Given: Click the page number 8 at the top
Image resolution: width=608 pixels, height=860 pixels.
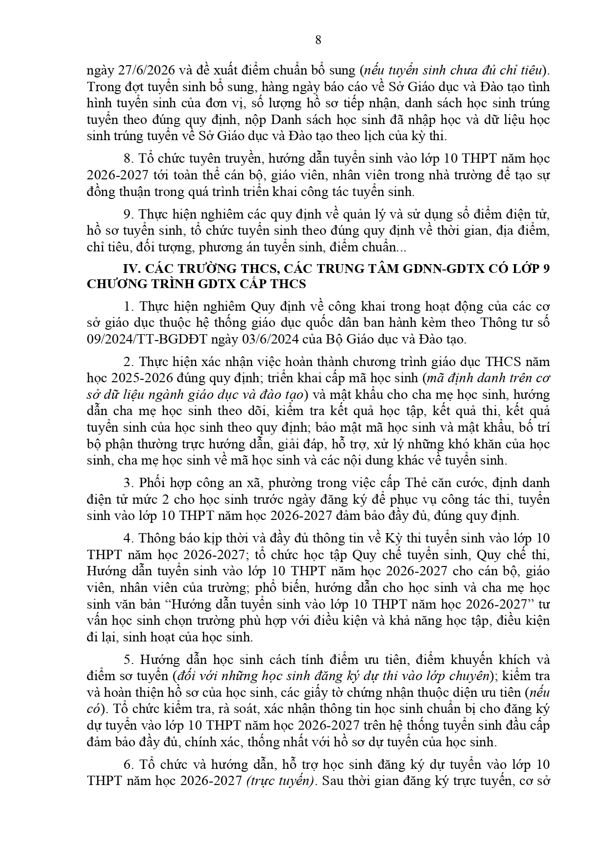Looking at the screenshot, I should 318,40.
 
